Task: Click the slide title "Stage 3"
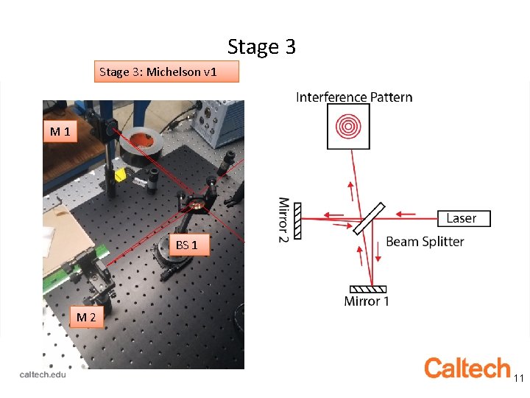(x=261, y=47)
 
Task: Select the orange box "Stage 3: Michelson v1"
(x=167, y=71)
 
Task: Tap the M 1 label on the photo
(x=60, y=133)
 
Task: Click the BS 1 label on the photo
(x=186, y=245)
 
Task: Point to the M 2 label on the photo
(x=86, y=317)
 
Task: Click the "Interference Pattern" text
(x=354, y=97)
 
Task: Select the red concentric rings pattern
(x=348, y=127)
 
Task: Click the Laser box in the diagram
(x=462, y=218)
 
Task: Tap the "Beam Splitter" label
(x=425, y=242)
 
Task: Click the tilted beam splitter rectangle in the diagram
(x=369, y=219)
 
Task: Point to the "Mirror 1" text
(x=367, y=301)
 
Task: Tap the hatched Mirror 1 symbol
(x=370, y=288)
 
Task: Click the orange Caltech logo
(x=467, y=368)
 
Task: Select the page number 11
(x=518, y=378)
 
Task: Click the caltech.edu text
(x=43, y=374)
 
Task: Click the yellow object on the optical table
(x=120, y=175)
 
